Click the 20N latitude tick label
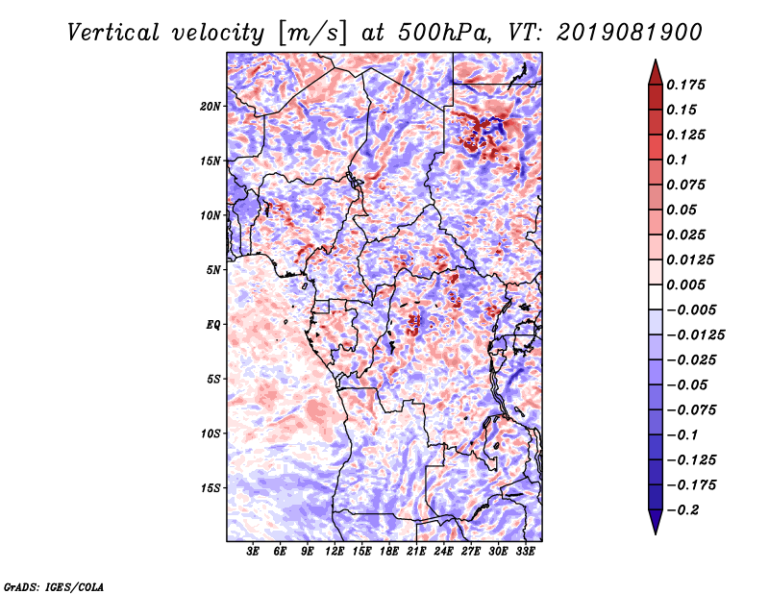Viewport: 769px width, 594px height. (x=211, y=107)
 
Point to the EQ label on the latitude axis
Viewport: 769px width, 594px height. (x=213, y=325)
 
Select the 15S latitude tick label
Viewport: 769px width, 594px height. (x=211, y=488)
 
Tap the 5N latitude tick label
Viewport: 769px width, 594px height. (x=213, y=270)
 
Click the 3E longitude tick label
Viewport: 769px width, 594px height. (x=252, y=552)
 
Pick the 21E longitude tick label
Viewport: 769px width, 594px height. (x=416, y=552)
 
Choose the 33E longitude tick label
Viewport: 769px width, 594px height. (x=525, y=552)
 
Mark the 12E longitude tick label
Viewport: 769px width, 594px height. (x=334, y=552)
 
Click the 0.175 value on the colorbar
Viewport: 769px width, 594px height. (x=685, y=86)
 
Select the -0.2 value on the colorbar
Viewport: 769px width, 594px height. (x=682, y=510)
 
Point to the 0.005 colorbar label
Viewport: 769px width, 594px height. (x=685, y=285)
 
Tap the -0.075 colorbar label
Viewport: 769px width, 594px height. (x=691, y=410)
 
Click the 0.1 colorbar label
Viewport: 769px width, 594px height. (x=677, y=161)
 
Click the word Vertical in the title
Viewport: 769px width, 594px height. (x=113, y=33)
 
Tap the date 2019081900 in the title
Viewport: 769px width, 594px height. (x=629, y=33)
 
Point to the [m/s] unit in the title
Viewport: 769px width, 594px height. (x=312, y=33)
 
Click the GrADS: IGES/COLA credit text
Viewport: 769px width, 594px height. (x=54, y=586)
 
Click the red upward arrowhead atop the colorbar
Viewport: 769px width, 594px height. (x=656, y=72)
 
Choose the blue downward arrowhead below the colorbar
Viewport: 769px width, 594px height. (x=656, y=522)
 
